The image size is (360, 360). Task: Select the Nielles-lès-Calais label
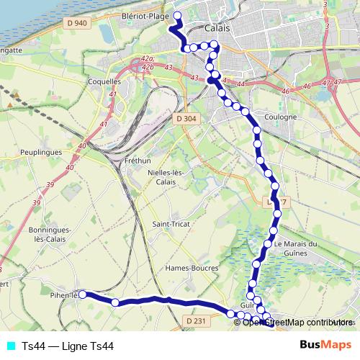[x=167, y=178]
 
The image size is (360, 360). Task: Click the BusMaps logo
[x=326, y=345]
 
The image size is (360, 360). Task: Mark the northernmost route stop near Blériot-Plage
[x=177, y=15]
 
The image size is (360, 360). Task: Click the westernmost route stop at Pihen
[x=83, y=294]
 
